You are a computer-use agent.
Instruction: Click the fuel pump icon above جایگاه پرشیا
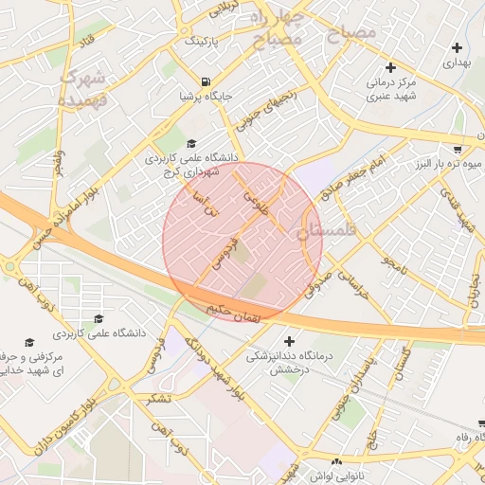click(x=207, y=81)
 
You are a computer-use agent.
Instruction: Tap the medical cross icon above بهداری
click(x=458, y=47)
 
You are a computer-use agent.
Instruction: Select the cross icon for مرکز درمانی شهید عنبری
click(x=390, y=67)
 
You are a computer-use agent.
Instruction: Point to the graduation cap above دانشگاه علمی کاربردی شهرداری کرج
click(x=191, y=143)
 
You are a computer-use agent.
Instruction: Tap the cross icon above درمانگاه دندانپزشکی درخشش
click(x=289, y=341)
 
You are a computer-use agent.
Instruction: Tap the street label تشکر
click(x=157, y=398)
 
